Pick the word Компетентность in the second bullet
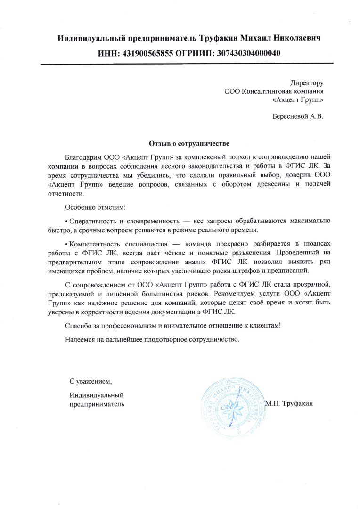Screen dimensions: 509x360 coord(96,243)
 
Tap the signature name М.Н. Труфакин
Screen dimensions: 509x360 coord(289,403)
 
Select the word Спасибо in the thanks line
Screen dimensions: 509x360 coord(79,326)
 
